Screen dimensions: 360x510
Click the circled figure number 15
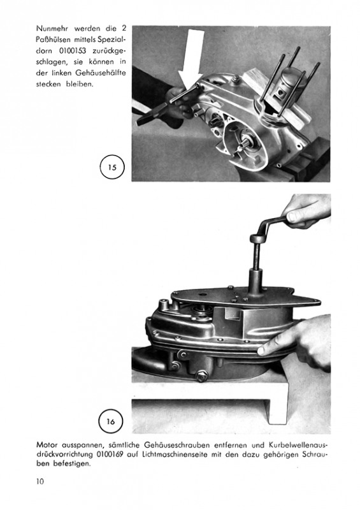pyautogui.click(x=112, y=168)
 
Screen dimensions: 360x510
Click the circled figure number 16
pyautogui.click(x=111, y=421)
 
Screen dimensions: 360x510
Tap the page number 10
pyautogui.click(x=40, y=481)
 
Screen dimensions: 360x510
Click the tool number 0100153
pyautogui.click(x=73, y=51)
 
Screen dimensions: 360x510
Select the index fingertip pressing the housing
pyautogui.click(x=263, y=350)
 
